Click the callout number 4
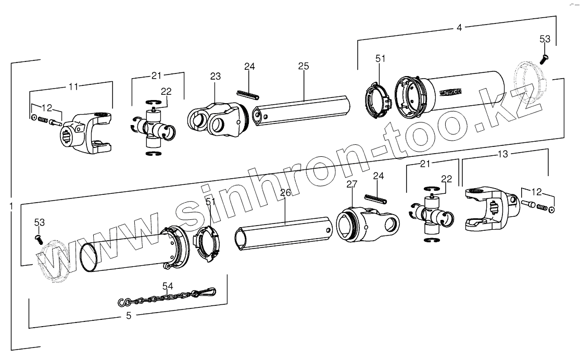459,28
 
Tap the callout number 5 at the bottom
129,315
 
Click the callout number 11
74,86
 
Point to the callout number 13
503,154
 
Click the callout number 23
216,76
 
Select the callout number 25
304,66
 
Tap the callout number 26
285,192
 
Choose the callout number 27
352,184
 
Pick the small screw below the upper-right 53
545,58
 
